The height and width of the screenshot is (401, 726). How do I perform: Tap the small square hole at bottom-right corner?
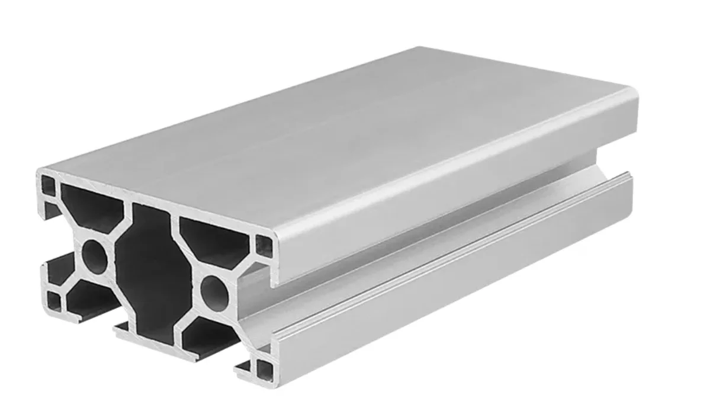point(265,369)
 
